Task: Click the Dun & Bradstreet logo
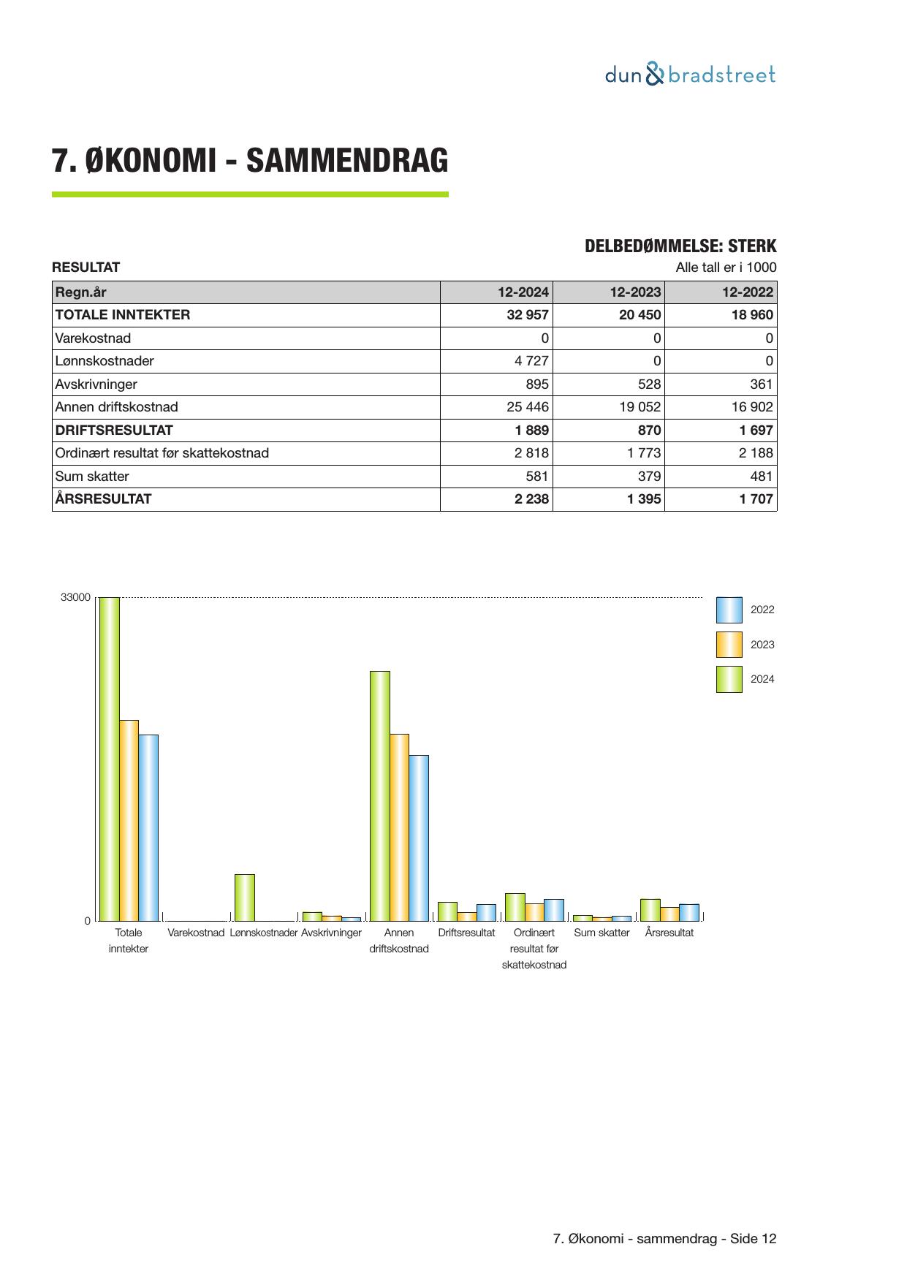[x=690, y=75]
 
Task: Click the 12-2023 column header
[x=635, y=292]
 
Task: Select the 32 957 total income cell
[x=527, y=315]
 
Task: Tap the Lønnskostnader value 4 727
[x=531, y=361]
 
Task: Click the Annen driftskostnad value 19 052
[x=640, y=407]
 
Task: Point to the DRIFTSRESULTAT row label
[x=114, y=431]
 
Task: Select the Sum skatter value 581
[x=537, y=477]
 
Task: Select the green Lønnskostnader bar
[x=245, y=898]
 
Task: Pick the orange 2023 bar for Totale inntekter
[x=129, y=820]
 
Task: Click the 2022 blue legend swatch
[x=729, y=610]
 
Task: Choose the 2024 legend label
[x=762, y=679]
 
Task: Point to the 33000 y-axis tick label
[x=75, y=598]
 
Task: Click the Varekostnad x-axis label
[x=196, y=933]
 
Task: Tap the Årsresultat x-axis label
[x=669, y=933]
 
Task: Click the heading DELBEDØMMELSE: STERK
[x=680, y=246]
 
